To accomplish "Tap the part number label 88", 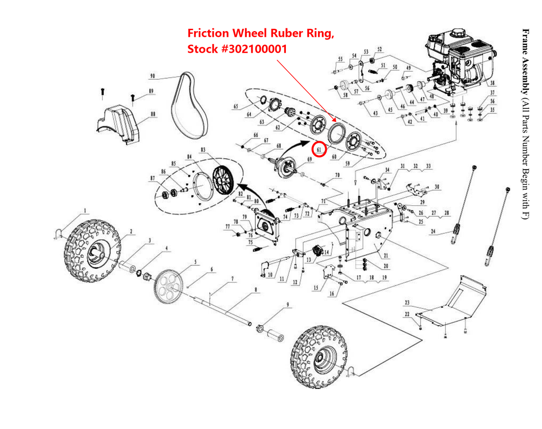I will click(153, 114).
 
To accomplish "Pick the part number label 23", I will click(407, 302).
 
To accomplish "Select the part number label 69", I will click(309, 159).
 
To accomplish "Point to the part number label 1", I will click(84, 210).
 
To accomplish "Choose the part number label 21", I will click(386, 255).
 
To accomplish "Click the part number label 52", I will click(379, 49).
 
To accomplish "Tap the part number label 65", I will click(236, 107).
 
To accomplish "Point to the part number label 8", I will click(256, 290).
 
